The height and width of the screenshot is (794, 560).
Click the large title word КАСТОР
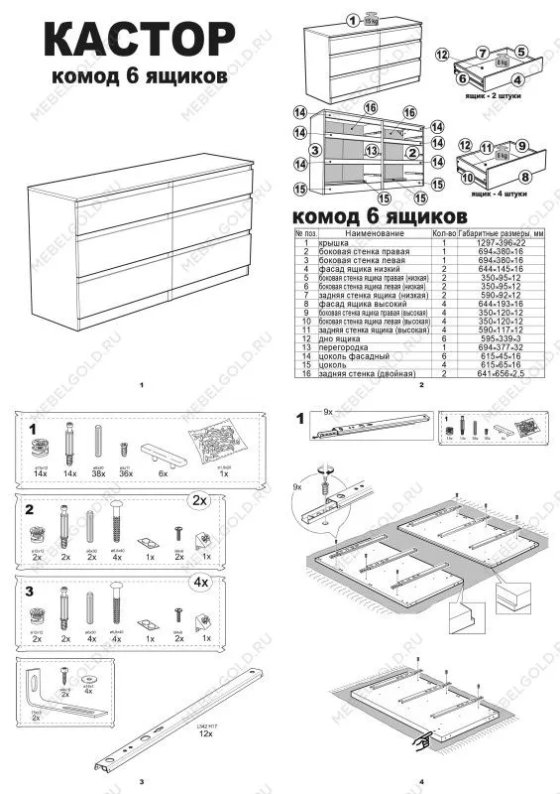140,44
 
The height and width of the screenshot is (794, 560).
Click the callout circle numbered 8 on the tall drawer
525,178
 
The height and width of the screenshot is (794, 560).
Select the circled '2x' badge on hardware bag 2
202,499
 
